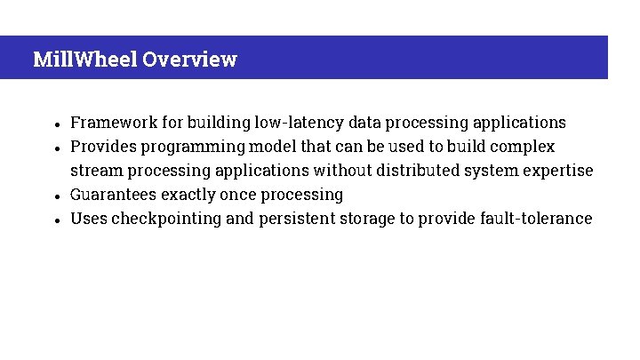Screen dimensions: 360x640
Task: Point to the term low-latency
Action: [x=299, y=123]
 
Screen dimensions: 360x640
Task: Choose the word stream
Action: [x=95, y=171]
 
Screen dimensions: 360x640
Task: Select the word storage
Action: [x=367, y=219]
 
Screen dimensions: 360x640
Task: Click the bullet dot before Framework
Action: [x=56, y=124]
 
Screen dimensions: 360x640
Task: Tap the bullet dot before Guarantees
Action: [x=56, y=196]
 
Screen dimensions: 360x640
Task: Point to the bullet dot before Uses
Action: [x=56, y=220]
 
